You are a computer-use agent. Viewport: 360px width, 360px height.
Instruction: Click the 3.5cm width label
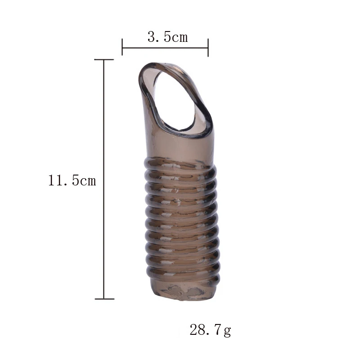point(167,37)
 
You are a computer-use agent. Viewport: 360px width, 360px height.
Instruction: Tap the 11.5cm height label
point(72,181)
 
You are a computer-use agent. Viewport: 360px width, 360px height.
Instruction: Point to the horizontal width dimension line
point(165,47)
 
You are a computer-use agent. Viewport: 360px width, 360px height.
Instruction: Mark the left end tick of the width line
point(122,47)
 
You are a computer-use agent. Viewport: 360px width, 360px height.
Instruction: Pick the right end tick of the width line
point(208,47)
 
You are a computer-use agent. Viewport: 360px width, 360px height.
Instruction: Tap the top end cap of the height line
point(104,59)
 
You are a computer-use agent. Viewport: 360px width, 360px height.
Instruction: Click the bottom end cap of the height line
point(104,298)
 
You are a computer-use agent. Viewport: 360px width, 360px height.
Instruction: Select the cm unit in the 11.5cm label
point(88,181)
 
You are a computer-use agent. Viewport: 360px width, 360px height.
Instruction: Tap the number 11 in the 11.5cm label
point(55,181)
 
